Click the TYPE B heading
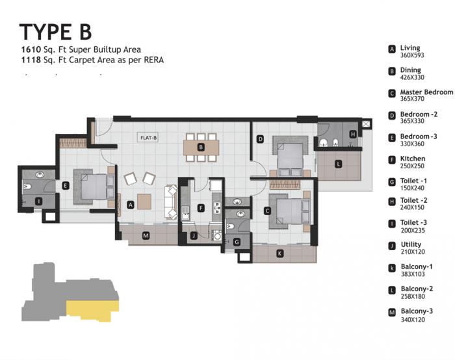click(56, 31)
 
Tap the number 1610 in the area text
click(31, 49)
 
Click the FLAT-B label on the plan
click(149, 137)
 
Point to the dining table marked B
click(201, 148)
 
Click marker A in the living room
click(131, 204)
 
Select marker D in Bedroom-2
click(260, 138)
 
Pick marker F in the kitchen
click(201, 208)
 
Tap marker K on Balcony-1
click(280, 253)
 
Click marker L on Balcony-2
click(338, 164)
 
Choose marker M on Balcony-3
click(145, 235)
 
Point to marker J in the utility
click(194, 235)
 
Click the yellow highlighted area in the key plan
click(91, 311)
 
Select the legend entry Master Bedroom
click(426, 92)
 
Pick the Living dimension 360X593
click(413, 55)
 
